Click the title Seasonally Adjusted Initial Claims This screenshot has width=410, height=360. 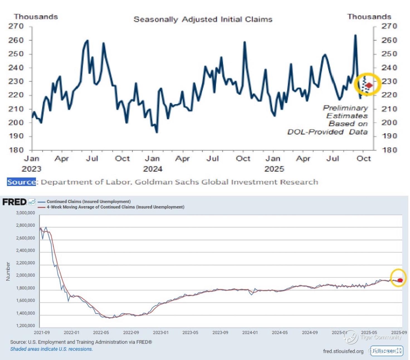coord(203,20)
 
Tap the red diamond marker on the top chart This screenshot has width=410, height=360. coord(369,85)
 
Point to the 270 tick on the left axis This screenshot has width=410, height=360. coord(16,26)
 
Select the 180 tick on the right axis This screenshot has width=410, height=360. coord(389,150)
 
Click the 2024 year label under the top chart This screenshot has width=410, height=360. coord(153,169)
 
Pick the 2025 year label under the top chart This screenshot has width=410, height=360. coord(274,169)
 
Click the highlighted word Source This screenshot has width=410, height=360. coord(21,182)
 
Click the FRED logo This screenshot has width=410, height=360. coord(14,202)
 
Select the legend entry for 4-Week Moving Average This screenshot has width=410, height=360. coord(115,207)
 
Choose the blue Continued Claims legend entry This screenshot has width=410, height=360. coord(89,202)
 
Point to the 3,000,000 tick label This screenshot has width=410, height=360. coord(26,213)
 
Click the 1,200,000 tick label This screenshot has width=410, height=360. coord(26,326)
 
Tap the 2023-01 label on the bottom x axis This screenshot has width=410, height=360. coord(161,333)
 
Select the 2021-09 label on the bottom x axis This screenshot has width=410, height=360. coord(42,333)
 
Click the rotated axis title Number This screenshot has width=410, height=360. coord(8,271)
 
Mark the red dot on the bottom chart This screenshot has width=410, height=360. coord(400,280)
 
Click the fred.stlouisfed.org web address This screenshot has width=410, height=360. coord(343,351)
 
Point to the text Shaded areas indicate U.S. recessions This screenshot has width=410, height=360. coord(52,349)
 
